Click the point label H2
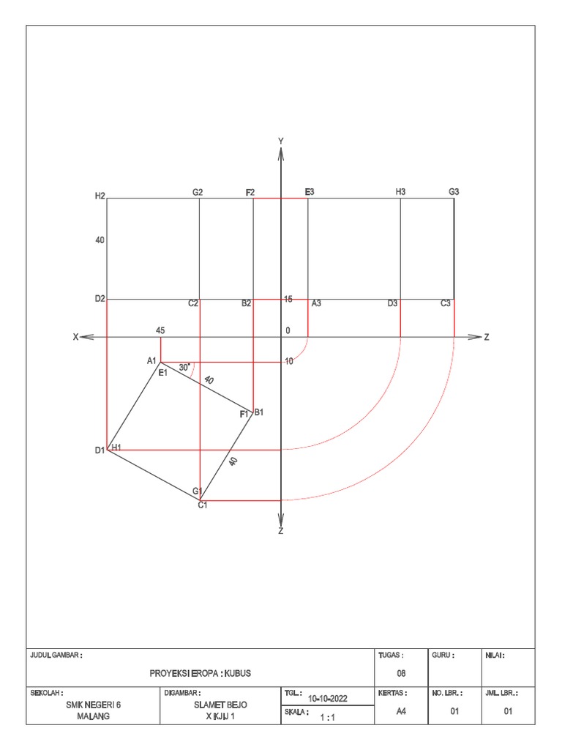point(100,196)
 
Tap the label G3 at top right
point(454,192)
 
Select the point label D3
point(393,303)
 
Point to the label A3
point(316,303)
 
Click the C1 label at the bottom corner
point(203,505)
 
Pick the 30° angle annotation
point(184,367)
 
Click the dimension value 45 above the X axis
point(160,330)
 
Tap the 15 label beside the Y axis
point(288,300)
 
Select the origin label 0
point(288,330)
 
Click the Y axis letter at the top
point(281,141)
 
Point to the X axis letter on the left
point(75,337)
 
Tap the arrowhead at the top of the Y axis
point(281,152)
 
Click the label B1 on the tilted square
point(258,412)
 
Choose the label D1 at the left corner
point(100,450)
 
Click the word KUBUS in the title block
point(239,673)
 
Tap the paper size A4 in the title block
point(401,710)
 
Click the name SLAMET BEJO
point(220,705)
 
